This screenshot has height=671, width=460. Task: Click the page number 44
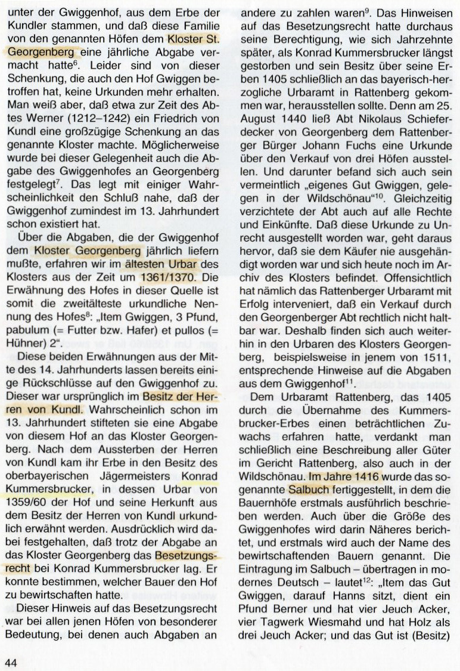pyautogui.click(x=11, y=663)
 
